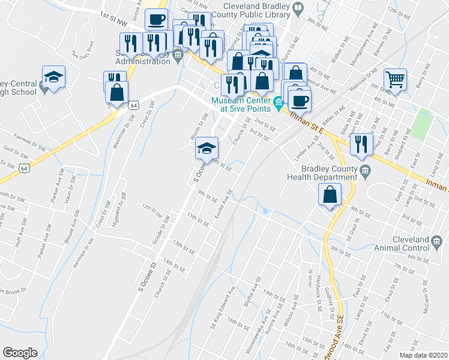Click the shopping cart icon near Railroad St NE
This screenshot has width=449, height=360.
(x=396, y=79)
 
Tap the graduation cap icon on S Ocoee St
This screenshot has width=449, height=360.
(x=205, y=147)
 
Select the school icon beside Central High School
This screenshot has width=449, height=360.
(x=53, y=77)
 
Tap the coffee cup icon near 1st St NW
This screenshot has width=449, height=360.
(x=157, y=20)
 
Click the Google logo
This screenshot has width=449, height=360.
(x=20, y=353)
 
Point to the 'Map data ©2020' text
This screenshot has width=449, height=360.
(x=423, y=355)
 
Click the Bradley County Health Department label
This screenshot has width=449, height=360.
(x=329, y=173)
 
